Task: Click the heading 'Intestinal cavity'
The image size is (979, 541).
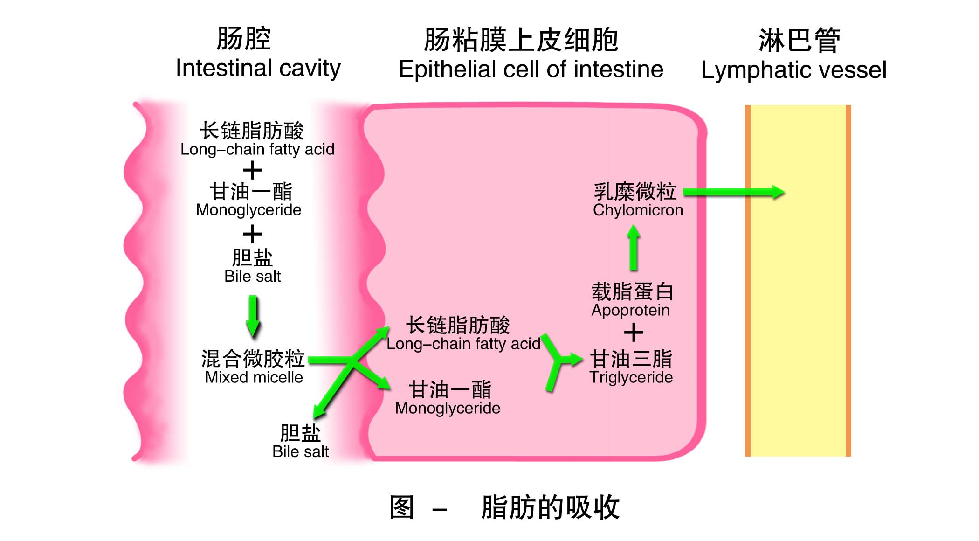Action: pyautogui.click(x=258, y=69)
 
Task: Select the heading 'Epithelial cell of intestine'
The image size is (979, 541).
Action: pyautogui.click(x=531, y=69)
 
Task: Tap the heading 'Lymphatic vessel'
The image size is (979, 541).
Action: pyautogui.click(x=793, y=70)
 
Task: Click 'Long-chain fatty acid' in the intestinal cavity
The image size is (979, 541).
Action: pyautogui.click(x=257, y=149)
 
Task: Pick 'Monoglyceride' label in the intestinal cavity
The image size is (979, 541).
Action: pyautogui.click(x=248, y=210)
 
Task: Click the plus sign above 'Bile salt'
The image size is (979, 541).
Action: pyautogui.click(x=252, y=234)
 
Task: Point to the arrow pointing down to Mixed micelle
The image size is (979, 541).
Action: pyautogui.click(x=253, y=315)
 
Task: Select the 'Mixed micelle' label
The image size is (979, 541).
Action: pyautogui.click(x=254, y=377)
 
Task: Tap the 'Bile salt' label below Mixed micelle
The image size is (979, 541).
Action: pyautogui.click(x=300, y=451)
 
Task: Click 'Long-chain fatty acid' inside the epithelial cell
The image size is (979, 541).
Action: pyautogui.click(x=463, y=344)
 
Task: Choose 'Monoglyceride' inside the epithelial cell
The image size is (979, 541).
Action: pyautogui.click(x=448, y=408)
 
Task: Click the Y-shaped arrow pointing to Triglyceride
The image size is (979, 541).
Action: pyautogui.click(x=559, y=361)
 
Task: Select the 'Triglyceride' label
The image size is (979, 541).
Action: pyautogui.click(x=631, y=377)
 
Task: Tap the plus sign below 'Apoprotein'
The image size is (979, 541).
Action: pyautogui.click(x=633, y=333)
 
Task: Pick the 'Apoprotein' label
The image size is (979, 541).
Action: pyautogui.click(x=630, y=310)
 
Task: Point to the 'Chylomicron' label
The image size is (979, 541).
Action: pyautogui.click(x=637, y=210)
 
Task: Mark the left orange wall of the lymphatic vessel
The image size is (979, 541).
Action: pyautogui.click(x=747, y=280)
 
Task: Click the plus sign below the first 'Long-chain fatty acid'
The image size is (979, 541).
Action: pyautogui.click(x=252, y=170)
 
